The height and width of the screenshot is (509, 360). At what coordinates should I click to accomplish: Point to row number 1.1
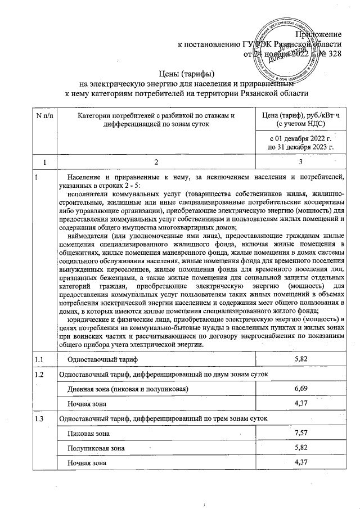tap(39, 359)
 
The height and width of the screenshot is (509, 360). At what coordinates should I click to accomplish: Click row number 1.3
tap(39, 419)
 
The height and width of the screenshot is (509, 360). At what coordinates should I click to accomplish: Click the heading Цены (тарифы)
tap(187, 72)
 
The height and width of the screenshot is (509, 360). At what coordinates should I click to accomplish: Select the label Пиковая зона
tap(89, 434)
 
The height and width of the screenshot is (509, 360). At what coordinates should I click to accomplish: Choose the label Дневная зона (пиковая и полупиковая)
tap(128, 389)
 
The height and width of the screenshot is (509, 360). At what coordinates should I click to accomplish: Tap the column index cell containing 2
tap(157, 162)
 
